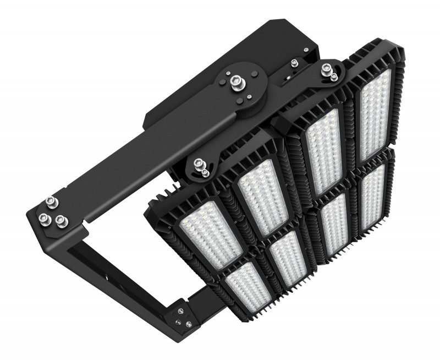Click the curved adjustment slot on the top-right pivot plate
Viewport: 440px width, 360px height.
click(x=291, y=74)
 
